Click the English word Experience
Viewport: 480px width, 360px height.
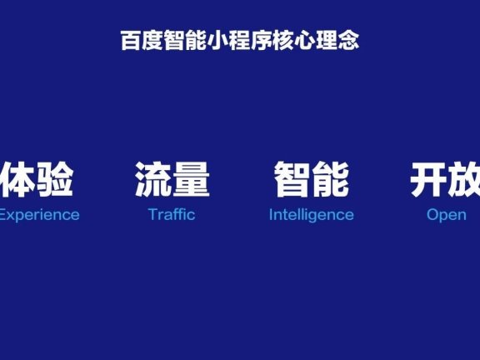[38, 214]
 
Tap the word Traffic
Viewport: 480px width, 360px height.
[172, 214]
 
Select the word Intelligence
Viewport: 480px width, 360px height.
[311, 214]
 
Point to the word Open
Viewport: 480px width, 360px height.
[446, 214]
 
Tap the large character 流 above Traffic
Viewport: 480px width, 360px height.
[153, 179]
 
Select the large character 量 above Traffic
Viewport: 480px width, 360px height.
[191, 179]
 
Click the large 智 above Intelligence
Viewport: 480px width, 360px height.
[292, 179]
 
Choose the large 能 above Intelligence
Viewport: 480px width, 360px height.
[330, 179]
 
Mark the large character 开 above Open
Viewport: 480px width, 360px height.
[428, 179]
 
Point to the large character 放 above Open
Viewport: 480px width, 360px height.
[465, 179]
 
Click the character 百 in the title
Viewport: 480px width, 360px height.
[131, 41]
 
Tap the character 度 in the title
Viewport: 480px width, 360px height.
[152, 41]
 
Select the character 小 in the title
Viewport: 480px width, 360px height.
[218, 41]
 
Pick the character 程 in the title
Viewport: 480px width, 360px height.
[240, 41]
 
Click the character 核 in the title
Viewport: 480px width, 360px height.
[284, 41]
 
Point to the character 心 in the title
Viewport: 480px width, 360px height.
[306, 41]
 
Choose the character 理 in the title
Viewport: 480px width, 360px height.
[327, 41]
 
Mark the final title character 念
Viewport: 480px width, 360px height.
[349, 41]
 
